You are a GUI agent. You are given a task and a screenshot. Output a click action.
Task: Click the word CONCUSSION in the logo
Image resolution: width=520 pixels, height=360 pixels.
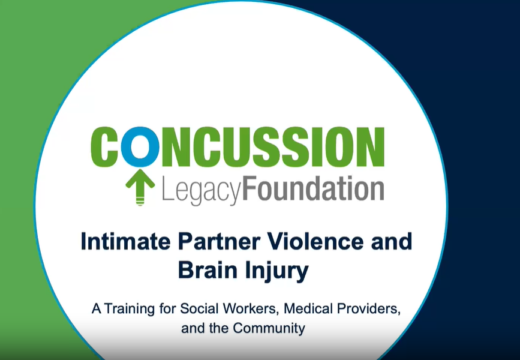click(238, 146)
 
